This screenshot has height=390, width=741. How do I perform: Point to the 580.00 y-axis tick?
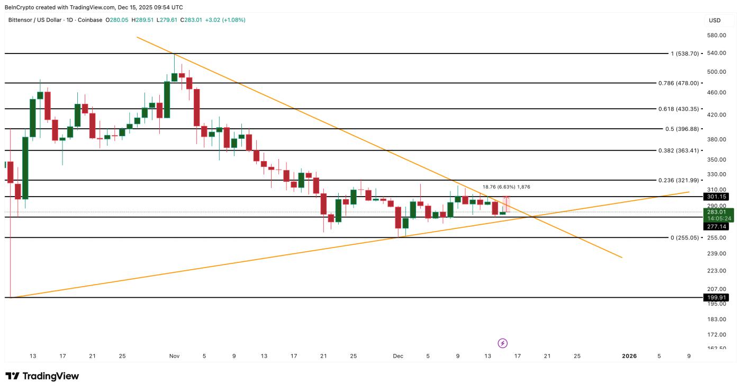[716, 36]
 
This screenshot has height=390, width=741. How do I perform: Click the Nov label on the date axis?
[174, 356]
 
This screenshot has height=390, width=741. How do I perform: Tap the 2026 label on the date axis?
[629, 356]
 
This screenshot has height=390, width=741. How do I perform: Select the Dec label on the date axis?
[398, 356]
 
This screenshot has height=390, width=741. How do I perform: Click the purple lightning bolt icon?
[503, 343]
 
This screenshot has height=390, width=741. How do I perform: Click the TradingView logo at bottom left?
[42, 376]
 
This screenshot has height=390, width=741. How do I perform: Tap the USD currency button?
[715, 21]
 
